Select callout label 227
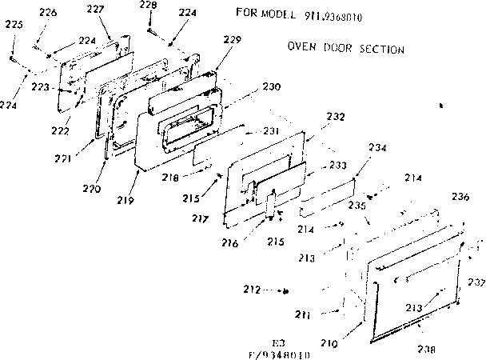96,9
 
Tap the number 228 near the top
148,6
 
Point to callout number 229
233,40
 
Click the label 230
272,86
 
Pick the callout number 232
335,117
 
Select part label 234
377,147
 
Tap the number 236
460,197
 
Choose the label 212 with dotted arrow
252,290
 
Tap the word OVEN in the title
301,48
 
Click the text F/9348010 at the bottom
279,353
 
